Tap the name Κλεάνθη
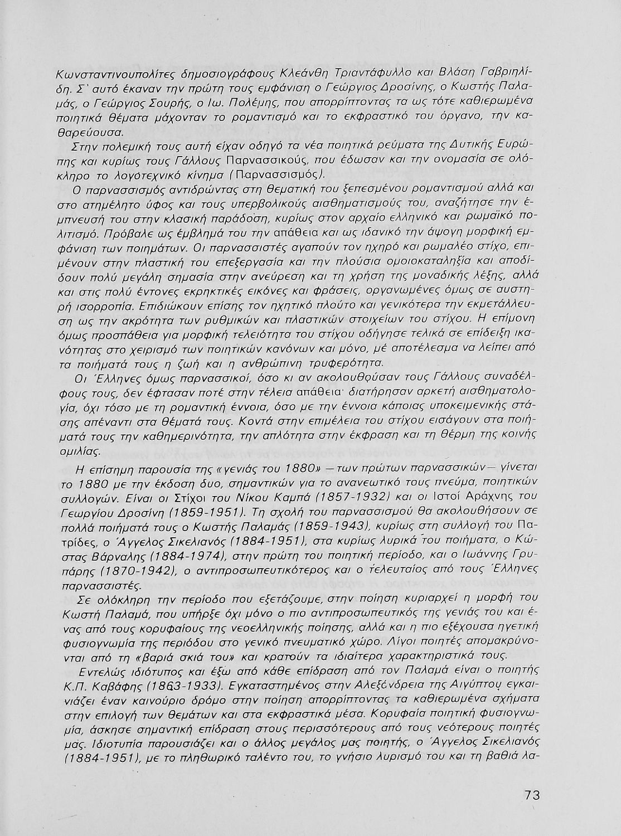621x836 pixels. point(290,74)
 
